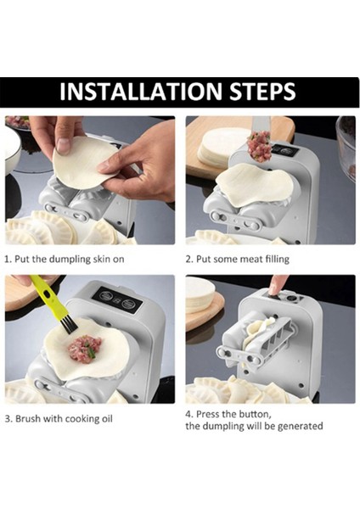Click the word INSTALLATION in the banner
pos(141,92)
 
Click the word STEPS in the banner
pos(262,92)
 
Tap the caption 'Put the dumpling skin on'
pos(70,259)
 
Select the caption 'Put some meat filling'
pos(242,259)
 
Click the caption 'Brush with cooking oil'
pos(64,418)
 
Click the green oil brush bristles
pos(69,326)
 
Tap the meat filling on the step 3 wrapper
pos(85,349)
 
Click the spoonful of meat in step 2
pos(259,147)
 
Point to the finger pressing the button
pos(278,283)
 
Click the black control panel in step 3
pos(117,300)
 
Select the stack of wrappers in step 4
pos(200,294)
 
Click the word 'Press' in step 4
pos(217,414)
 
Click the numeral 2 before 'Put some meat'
pos(188,260)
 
